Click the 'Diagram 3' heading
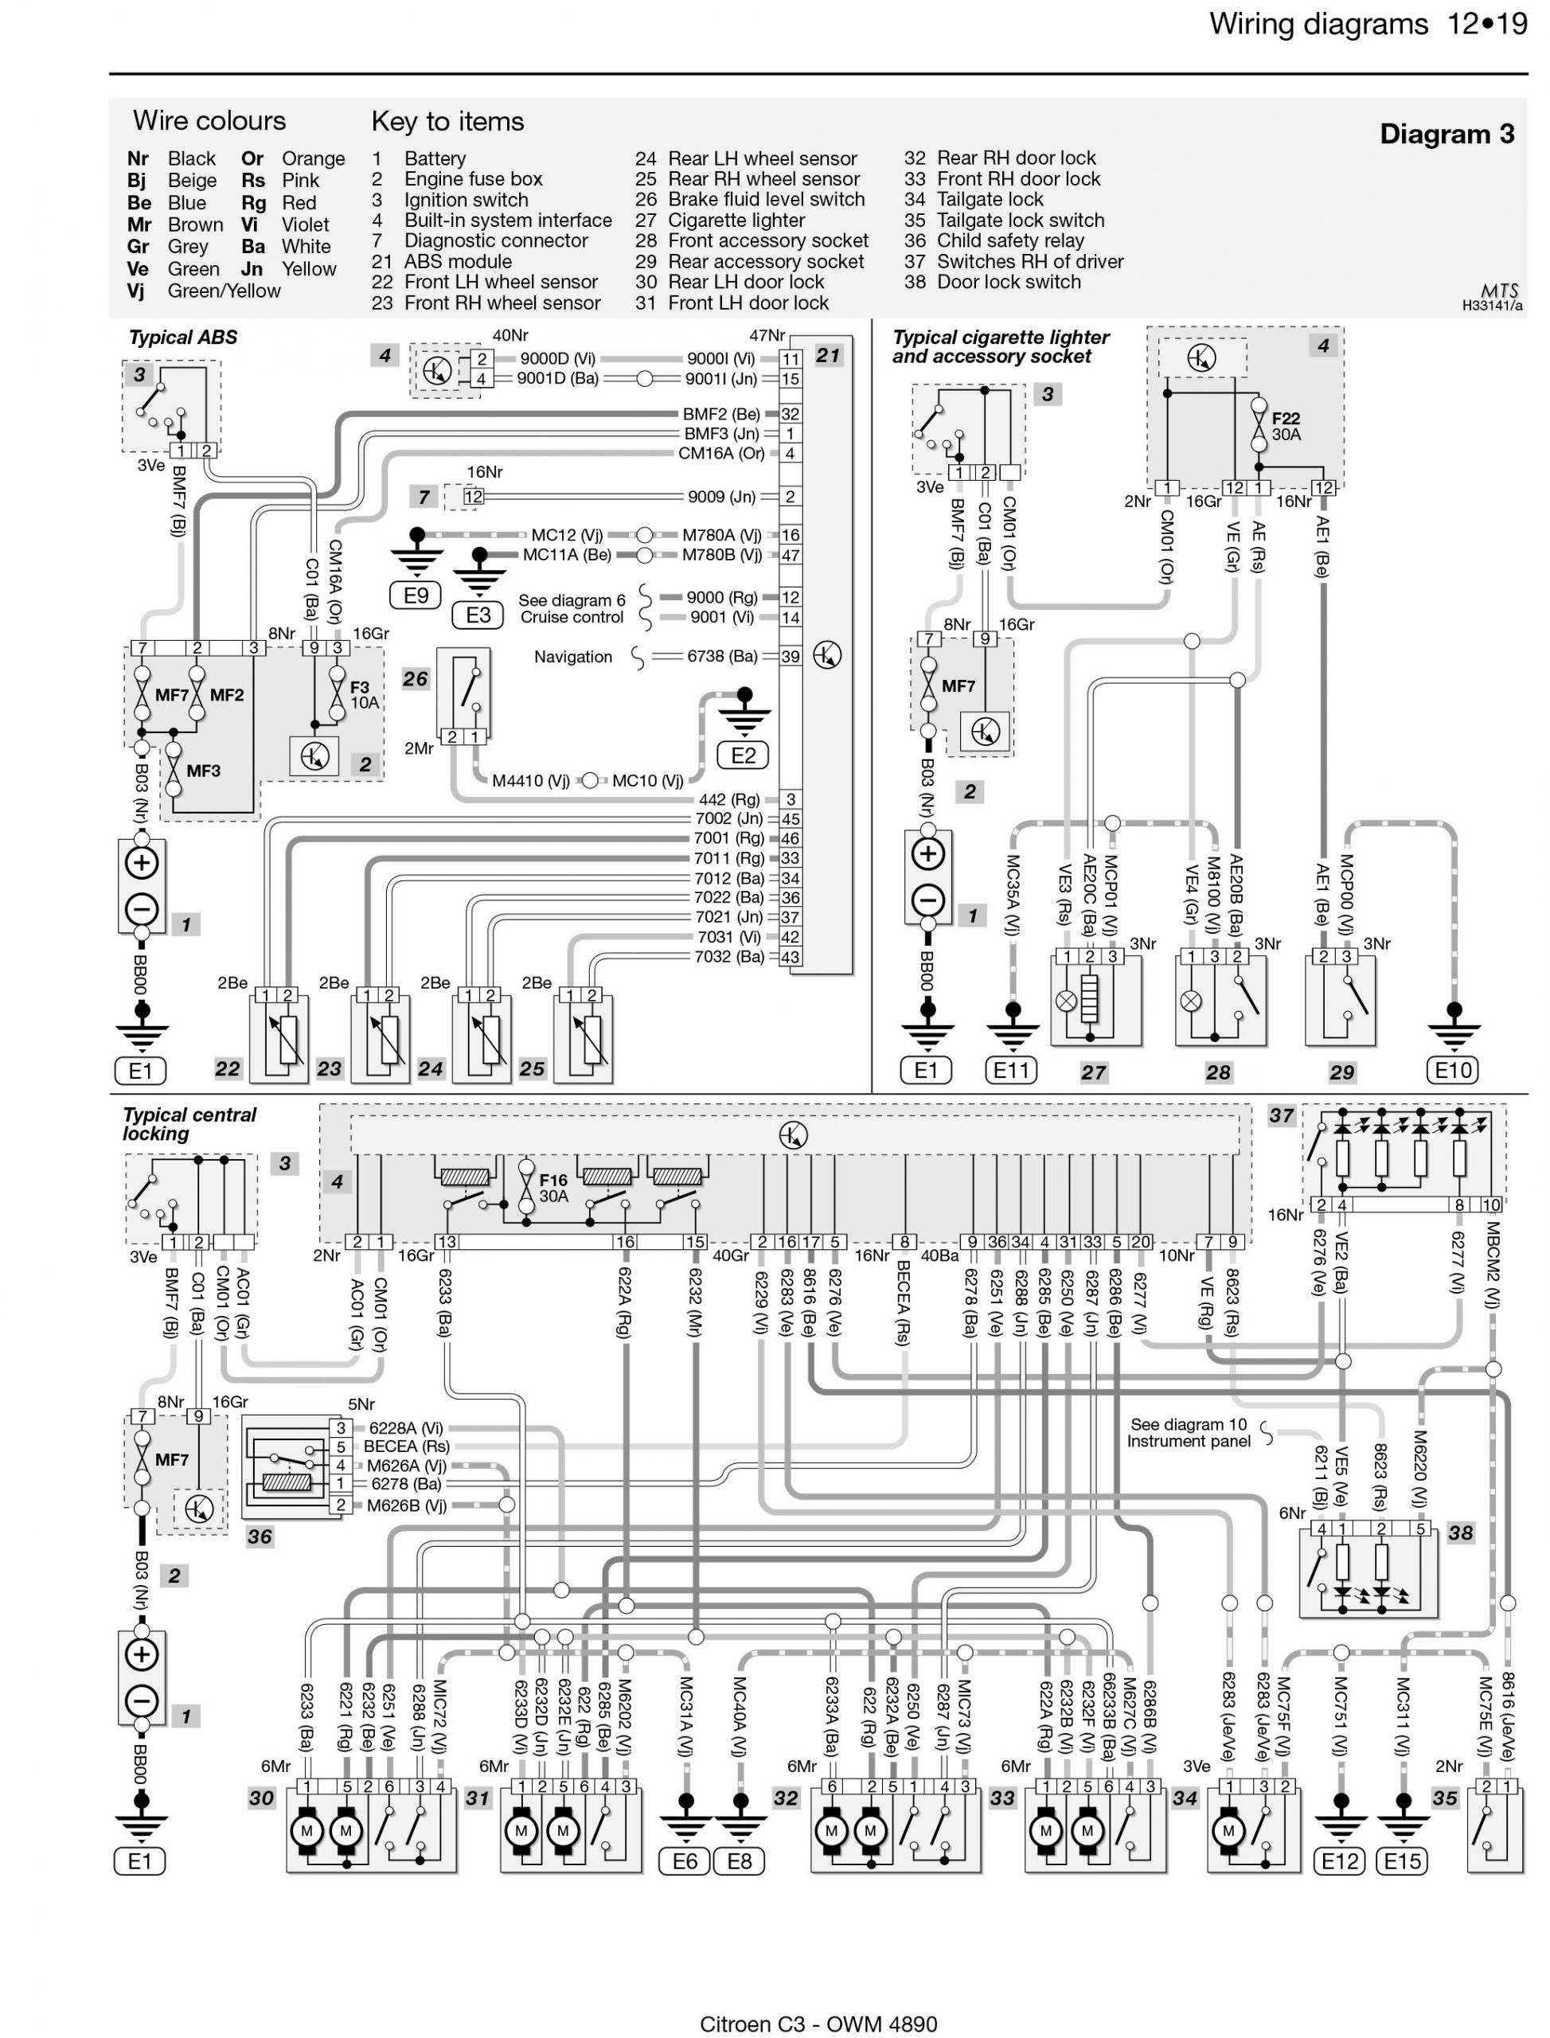[1447, 135]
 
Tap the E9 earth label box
[416, 595]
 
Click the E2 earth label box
[744, 755]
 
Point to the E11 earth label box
[1011, 1070]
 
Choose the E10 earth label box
[1454, 1070]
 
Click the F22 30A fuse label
[1286, 426]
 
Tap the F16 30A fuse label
[553, 1189]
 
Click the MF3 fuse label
[203, 771]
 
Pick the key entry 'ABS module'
[458, 261]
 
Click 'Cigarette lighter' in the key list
[736, 221]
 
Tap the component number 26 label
[416, 679]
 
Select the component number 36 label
[260, 1536]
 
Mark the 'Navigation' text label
[573, 657]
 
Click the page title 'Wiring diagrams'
[1319, 24]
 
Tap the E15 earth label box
[1403, 1862]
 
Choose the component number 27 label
[1093, 1072]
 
